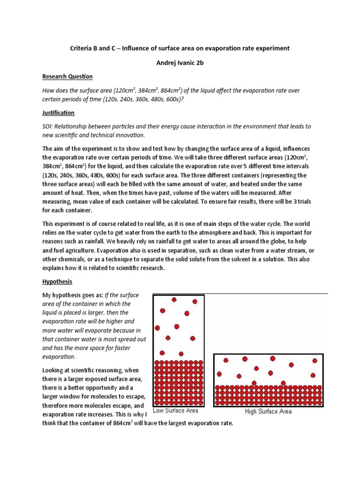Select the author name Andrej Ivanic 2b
(180, 62)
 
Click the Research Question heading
(67, 76)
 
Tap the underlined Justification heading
(59, 113)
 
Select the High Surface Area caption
(269, 412)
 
